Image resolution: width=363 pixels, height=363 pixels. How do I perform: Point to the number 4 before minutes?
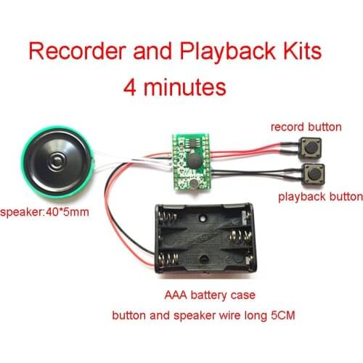tap(131, 86)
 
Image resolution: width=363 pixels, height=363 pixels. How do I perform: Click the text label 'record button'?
tap(306, 127)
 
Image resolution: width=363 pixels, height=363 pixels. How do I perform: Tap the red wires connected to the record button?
tap(247, 150)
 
